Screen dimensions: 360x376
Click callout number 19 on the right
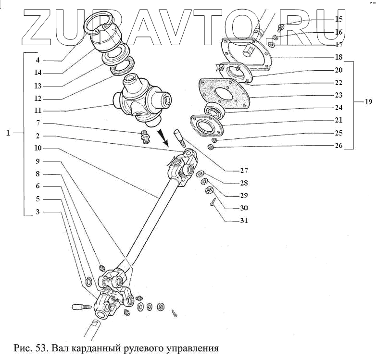[369, 102]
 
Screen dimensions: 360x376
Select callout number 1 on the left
[8, 133]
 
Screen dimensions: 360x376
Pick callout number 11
[38, 111]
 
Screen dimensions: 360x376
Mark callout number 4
[38, 61]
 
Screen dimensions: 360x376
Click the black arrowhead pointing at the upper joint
[165, 142]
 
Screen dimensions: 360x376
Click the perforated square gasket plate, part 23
[224, 94]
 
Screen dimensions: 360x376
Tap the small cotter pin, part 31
[213, 204]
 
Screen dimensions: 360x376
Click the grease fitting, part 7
[144, 137]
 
